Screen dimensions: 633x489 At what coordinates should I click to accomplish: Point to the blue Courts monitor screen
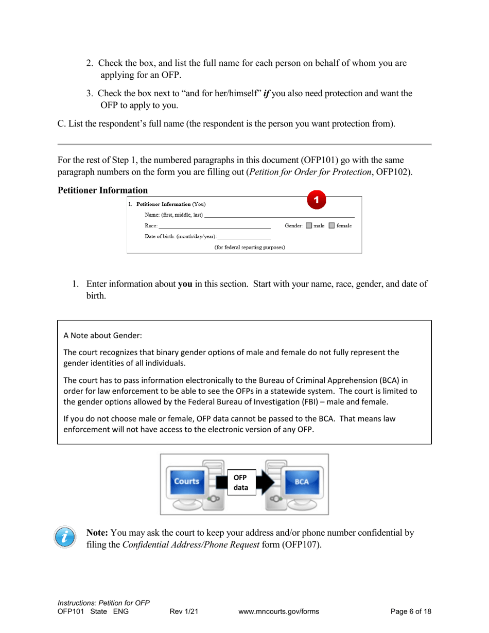point(186,482)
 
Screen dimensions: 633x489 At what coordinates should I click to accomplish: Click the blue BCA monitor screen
point(302,482)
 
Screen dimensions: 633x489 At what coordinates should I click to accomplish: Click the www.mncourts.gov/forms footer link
point(279,611)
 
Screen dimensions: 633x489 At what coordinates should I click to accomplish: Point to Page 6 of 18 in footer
point(411,611)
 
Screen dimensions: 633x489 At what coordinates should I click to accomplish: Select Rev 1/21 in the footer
point(184,611)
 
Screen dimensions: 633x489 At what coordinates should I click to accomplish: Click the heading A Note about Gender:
point(95,335)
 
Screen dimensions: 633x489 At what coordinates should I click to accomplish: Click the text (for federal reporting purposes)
point(250,248)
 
